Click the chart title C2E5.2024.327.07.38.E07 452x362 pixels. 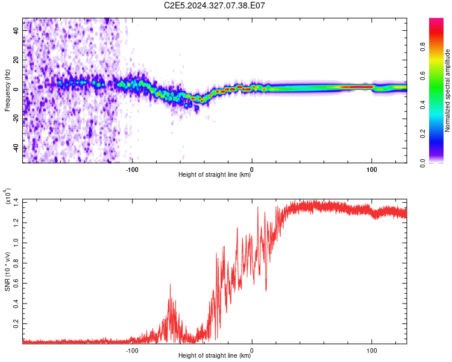pos(214,5)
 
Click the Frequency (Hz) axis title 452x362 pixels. pos(7,91)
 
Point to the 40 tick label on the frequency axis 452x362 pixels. pos(16,31)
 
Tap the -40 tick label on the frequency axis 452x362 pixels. pos(16,148)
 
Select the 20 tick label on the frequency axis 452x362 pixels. pos(16,60)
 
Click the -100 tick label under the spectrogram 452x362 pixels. pos(132,170)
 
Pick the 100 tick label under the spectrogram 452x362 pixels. pos(372,170)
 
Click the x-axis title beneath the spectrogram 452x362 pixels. pos(215,174)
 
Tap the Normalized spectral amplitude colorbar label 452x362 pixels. pos(447,91)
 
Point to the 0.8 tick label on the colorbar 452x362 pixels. pos(422,46)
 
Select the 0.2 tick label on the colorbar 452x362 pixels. pos(422,134)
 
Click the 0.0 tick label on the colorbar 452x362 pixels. pos(422,163)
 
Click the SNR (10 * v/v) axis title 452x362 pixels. pos(7,271)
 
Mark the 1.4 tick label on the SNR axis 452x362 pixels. pos(16,202)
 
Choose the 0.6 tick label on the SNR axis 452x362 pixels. pos(16,283)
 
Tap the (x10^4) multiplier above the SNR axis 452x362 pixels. pos(8,196)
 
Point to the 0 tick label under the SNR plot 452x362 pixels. pos(252,351)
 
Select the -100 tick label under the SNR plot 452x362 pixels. pos(132,351)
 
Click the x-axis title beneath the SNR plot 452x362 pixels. pos(215,355)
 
